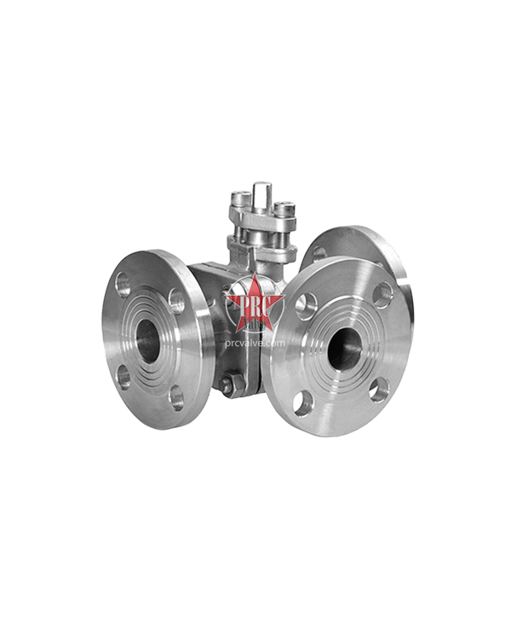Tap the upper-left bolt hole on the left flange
coord(124,284)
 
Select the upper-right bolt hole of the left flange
coord(177,299)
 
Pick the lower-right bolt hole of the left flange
coord(176,396)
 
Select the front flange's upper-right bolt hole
coord(382,292)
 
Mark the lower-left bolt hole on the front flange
coord(304,401)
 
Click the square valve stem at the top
coord(261,192)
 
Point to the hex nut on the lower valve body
coord(228,384)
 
